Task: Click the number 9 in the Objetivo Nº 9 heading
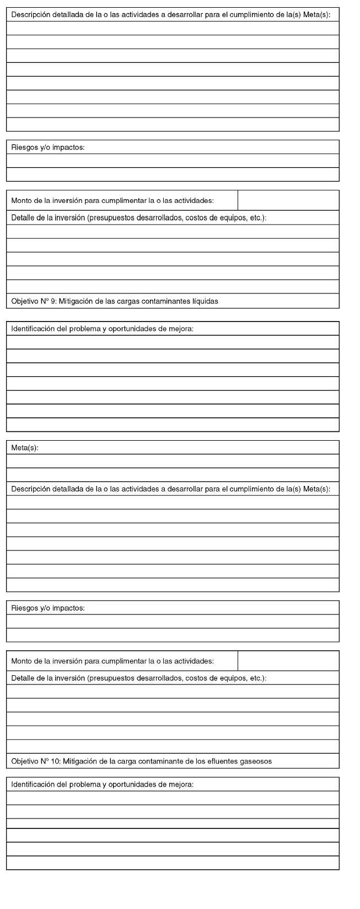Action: (52, 301)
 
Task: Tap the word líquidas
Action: (205, 301)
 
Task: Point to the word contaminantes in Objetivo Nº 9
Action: (168, 301)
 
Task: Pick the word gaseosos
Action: (256, 762)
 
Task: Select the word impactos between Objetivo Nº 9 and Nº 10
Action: (68, 608)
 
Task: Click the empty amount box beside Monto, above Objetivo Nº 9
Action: (288, 200)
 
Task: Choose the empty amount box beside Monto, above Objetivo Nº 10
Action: (288, 661)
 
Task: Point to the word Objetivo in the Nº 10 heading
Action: (24, 762)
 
